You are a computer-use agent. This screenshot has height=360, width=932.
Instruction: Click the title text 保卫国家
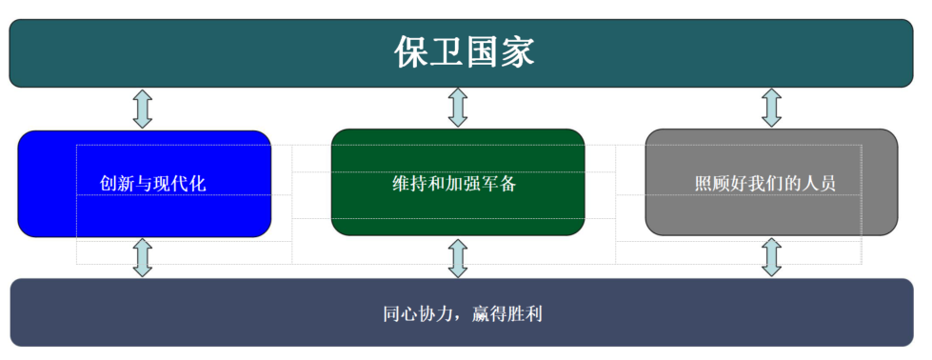point(465,52)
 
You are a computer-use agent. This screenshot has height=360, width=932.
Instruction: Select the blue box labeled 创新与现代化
point(144,183)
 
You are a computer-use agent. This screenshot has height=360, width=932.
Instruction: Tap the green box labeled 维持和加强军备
point(457,182)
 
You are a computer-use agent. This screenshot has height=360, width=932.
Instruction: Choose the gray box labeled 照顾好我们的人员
point(771,182)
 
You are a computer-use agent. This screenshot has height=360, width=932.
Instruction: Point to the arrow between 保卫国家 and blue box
point(143,108)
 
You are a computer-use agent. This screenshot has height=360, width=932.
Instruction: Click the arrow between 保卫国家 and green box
point(458,108)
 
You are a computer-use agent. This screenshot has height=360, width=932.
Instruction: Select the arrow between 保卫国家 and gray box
point(772,108)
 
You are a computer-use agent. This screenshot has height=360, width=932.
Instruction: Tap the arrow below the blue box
point(143,257)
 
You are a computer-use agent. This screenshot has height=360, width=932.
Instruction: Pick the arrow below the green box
point(458,257)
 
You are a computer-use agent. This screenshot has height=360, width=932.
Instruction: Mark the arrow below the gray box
point(772,257)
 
